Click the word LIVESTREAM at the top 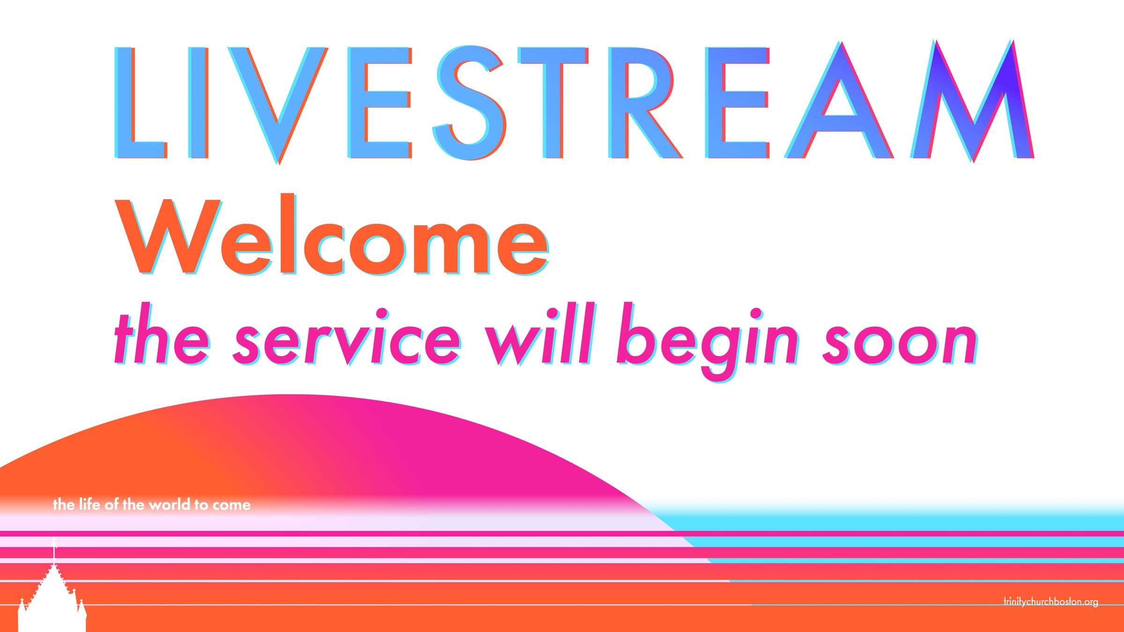coord(574,102)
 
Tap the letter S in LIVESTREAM coord(470,103)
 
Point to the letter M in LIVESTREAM coord(973,101)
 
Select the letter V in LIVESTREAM coord(278,105)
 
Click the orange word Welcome coord(332,234)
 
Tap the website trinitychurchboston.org coord(1051,602)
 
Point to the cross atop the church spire coord(54,543)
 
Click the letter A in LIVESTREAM coord(839,100)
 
